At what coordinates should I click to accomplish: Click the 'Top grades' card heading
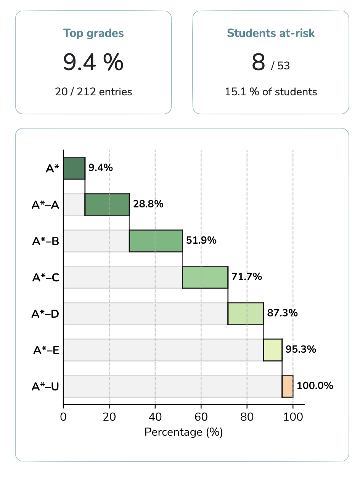(93, 33)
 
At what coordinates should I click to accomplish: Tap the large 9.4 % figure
(93, 63)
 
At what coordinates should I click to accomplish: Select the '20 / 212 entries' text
(93, 92)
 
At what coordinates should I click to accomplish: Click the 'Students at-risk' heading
(271, 33)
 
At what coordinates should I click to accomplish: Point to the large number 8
(258, 63)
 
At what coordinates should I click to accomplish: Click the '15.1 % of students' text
(271, 92)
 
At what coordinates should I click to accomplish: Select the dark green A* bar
(74, 168)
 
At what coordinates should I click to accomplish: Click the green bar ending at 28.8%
(107, 205)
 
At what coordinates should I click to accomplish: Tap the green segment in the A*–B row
(156, 241)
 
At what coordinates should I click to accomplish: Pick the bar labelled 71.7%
(205, 277)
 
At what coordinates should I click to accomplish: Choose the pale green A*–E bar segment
(273, 350)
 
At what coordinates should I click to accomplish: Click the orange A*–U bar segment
(288, 386)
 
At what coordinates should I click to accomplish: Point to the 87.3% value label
(282, 313)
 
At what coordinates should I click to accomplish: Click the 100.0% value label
(315, 386)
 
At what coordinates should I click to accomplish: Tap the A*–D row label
(45, 314)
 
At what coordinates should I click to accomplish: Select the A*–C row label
(45, 278)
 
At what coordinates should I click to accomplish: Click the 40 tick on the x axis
(155, 416)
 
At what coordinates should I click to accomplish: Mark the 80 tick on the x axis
(247, 416)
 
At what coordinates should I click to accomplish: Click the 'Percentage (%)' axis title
(183, 432)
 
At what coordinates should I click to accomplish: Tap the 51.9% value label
(201, 241)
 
